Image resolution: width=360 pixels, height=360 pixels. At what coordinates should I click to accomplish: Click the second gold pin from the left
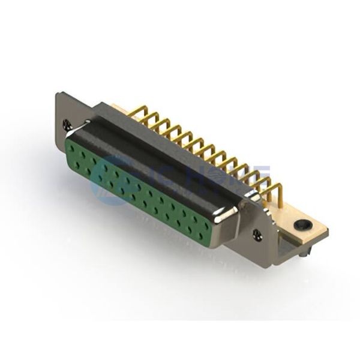[x=151, y=118]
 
